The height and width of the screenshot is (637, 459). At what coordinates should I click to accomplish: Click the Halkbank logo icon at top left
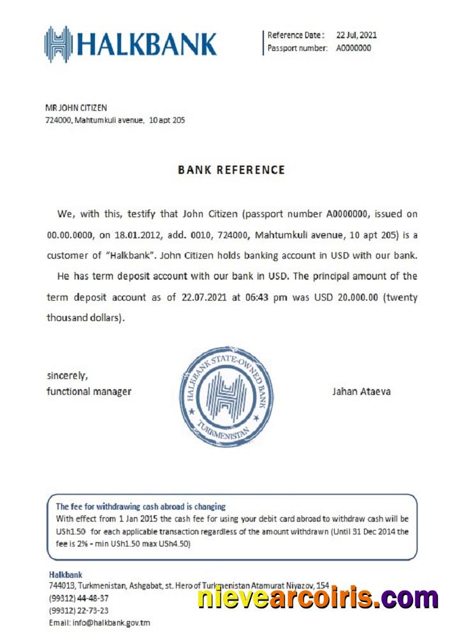coord(57,44)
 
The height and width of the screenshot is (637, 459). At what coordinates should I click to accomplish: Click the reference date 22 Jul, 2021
coord(356,35)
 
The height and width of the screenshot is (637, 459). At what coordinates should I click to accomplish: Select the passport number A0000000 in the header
coord(353,48)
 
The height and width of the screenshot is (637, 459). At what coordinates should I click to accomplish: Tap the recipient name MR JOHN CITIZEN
coord(76,108)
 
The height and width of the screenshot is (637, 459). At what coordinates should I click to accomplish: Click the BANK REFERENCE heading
coord(231,170)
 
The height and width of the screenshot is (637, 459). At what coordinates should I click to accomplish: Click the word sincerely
coord(67,375)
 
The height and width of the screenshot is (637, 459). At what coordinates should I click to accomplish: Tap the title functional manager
coord(89,391)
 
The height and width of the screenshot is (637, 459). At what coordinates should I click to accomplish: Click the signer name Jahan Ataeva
coord(361,391)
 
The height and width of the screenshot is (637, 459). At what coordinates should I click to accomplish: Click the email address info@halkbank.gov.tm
coord(99,622)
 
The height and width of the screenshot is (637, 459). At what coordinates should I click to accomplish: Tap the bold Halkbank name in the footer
coord(65,574)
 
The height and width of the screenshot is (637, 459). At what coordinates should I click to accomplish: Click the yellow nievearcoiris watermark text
coord(317,599)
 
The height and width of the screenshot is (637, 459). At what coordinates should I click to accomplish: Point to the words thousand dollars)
coord(85,318)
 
